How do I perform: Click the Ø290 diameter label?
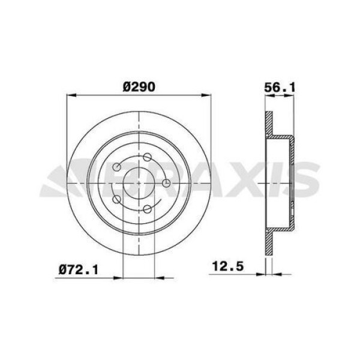click(x=139, y=86)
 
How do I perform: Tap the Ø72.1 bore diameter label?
click(x=78, y=271)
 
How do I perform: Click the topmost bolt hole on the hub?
click(x=146, y=157)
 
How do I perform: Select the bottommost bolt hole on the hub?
click(x=146, y=209)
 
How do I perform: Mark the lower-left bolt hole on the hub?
click(x=116, y=199)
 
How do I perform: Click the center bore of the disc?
click(x=139, y=183)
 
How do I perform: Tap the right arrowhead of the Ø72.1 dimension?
click(x=161, y=278)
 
